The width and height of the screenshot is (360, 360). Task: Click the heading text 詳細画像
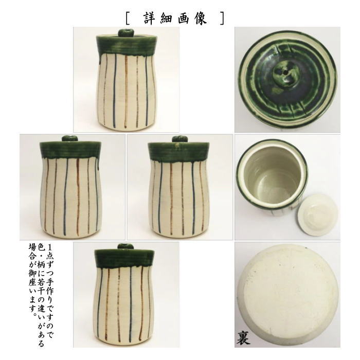click(175, 18)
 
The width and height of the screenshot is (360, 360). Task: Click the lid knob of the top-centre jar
click(125, 33)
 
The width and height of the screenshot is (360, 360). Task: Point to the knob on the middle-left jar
click(69, 138)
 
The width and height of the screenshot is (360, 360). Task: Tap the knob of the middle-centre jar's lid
click(179, 139)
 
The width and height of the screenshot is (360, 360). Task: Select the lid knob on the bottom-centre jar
click(125, 246)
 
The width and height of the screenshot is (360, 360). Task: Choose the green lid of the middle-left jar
click(69, 150)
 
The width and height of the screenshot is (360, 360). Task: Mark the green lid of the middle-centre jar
click(179, 150)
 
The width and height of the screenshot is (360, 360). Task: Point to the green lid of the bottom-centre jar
click(125, 258)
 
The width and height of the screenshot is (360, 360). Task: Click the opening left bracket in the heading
click(127, 19)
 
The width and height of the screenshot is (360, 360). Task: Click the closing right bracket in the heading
click(222, 19)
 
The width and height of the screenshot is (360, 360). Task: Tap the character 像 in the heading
click(201, 18)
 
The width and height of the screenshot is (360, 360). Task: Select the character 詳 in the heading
click(149, 18)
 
